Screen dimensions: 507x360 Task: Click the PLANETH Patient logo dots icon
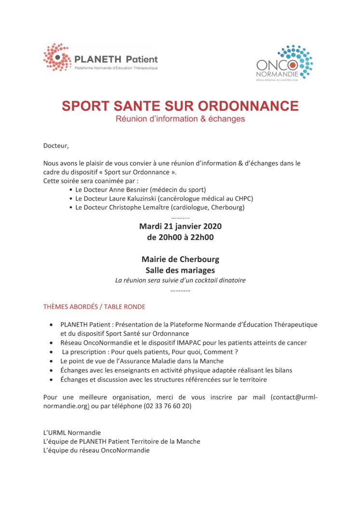pyautogui.click(x=57, y=57)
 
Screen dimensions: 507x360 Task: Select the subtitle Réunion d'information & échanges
pyautogui.click(x=180, y=119)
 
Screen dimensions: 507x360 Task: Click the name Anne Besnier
pyautogui.click(x=133, y=190)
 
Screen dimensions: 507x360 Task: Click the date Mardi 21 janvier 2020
pyautogui.click(x=180, y=226)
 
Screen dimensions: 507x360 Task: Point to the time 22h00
pyautogui.click(x=202, y=237)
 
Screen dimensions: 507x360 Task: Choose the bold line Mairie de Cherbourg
pyautogui.click(x=180, y=259)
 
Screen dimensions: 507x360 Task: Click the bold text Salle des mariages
pyautogui.click(x=180, y=270)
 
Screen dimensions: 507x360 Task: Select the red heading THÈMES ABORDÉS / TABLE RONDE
pyautogui.click(x=94, y=307)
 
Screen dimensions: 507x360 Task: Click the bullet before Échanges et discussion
pyautogui.click(x=52, y=379)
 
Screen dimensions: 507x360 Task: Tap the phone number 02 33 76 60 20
pyautogui.click(x=167, y=406)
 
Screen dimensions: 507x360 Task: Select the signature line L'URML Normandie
pyautogui.click(x=72, y=432)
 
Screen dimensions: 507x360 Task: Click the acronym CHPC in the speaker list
pyautogui.click(x=244, y=199)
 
